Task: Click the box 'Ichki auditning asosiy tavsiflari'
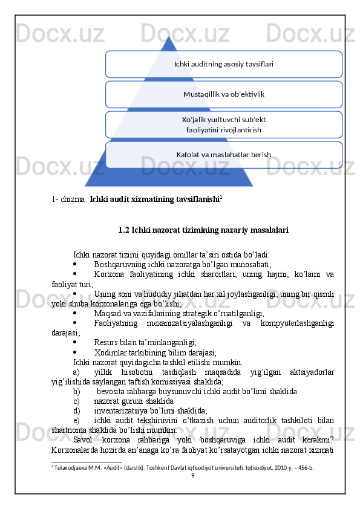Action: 223,64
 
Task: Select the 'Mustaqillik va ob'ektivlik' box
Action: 223,94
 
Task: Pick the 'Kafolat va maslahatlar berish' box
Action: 223,155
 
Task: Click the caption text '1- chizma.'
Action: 70,198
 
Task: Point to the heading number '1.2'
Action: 124,230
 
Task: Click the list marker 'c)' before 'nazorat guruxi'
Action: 76,401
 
